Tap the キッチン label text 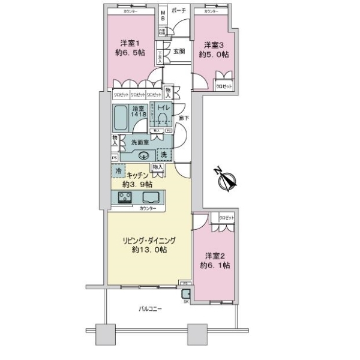tap(142, 178)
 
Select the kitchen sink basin tap(150, 199)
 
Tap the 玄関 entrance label tap(179, 52)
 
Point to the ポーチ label tap(178, 11)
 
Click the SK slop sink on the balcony tap(186, 293)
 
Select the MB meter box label tap(163, 14)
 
